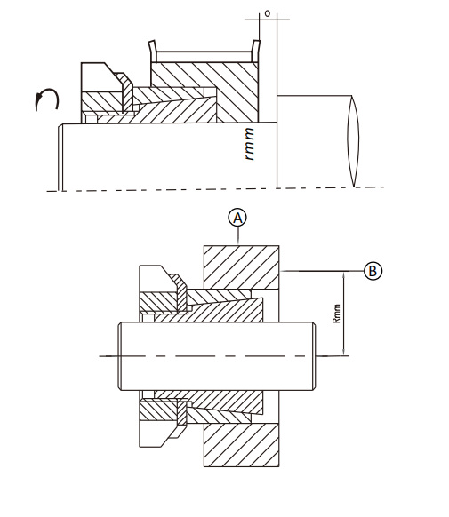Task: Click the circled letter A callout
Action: point(237,218)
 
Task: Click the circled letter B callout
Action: point(373,271)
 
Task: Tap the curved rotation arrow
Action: point(47,99)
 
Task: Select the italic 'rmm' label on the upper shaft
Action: point(250,144)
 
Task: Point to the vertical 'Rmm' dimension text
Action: point(336,314)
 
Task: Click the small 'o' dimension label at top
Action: point(268,13)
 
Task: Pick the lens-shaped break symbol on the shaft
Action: point(353,141)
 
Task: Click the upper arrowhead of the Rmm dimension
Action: point(344,275)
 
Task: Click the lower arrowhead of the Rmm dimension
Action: point(344,352)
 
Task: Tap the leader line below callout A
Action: point(238,236)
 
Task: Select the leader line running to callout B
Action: point(322,271)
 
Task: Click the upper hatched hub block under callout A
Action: point(242,267)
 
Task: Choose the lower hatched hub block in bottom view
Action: point(242,445)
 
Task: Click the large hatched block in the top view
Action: point(204,92)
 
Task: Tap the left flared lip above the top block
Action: point(152,51)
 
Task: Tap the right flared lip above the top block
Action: point(256,51)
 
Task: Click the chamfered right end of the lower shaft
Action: point(314,356)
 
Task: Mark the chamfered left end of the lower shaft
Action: point(120,356)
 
